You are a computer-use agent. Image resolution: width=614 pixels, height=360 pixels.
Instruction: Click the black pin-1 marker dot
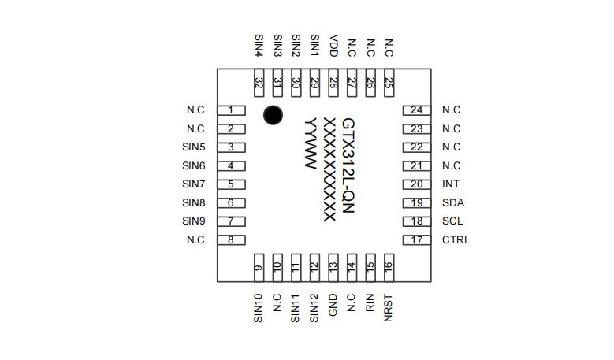point(273,115)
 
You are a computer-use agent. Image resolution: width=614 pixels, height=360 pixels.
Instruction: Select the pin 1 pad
point(231,110)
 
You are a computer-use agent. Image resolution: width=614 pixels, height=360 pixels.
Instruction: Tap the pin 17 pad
point(416,240)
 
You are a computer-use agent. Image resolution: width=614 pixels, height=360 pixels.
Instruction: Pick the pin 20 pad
point(416,184)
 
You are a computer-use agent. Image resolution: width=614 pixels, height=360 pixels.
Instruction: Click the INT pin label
point(451,184)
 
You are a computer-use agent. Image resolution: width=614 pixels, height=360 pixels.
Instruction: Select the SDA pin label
point(453,203)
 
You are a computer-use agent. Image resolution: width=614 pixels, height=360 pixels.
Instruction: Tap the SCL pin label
point(452,221)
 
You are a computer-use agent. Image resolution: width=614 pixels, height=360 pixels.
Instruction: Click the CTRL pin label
point(456,240)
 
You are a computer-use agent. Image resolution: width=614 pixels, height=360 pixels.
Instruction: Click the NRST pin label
point(388,308)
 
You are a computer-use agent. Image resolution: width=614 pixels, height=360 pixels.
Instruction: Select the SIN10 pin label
point(259,310)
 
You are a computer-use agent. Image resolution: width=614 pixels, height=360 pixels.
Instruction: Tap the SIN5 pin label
point(194,147)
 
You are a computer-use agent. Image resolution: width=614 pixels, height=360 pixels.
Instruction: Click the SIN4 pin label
point(259,46)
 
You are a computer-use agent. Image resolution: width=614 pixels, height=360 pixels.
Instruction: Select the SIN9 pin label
point(194,221)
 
